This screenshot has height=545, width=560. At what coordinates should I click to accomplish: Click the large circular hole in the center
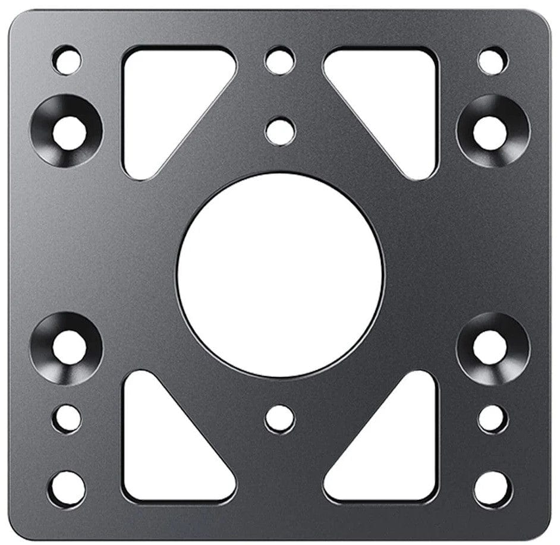tap(280, 275)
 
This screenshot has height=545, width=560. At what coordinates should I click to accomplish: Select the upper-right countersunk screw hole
tap(491, 132)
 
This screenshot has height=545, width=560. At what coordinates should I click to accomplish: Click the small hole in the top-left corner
tap(67, 60)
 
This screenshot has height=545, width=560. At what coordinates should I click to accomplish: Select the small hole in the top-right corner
tap(492, 60)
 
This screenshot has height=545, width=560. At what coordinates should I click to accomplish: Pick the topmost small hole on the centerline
tap(280, 61)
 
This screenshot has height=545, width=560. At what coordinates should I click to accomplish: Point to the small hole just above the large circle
tap(280, 131)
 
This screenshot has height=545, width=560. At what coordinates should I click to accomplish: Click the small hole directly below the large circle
tap(280, 419)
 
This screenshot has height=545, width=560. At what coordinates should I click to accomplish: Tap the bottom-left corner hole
tap(67, 489)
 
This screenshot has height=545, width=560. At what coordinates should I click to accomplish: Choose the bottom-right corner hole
tap(492, 489)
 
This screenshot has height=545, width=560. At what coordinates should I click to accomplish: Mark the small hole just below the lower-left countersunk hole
tap(67, 419)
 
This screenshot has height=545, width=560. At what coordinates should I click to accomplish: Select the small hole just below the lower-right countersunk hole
tap(492, 419)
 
